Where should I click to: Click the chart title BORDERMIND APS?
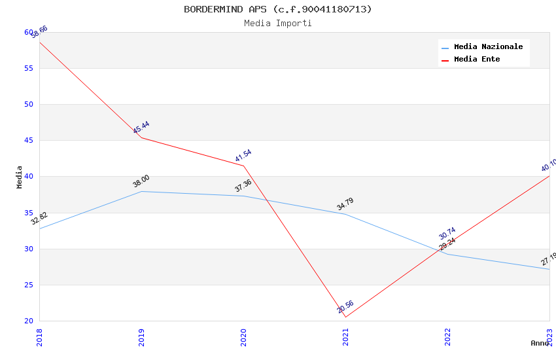point(277,9)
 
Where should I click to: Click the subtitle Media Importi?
point(277,24)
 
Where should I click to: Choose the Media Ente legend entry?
point(477,60)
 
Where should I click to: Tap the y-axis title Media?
point(20,177)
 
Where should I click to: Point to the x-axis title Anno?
point(540,343)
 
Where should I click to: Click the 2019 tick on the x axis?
point(141,336)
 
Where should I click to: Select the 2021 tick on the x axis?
point(345,336)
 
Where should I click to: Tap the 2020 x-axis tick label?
point(243,336)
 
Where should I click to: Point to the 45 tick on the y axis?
point(29,141)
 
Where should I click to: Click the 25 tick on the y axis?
point(29,285)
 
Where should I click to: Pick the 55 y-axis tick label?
point(29,69)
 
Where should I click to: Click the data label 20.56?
point(345,306)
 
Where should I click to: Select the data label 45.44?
point(141,127)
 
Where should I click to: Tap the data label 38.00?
point(141,181)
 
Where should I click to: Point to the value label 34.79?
point(345,204)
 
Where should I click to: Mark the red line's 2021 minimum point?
point(345,317)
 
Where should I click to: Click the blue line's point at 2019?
point(141,191)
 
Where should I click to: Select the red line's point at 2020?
point(243,166)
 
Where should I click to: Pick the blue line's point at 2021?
point(345,214)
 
